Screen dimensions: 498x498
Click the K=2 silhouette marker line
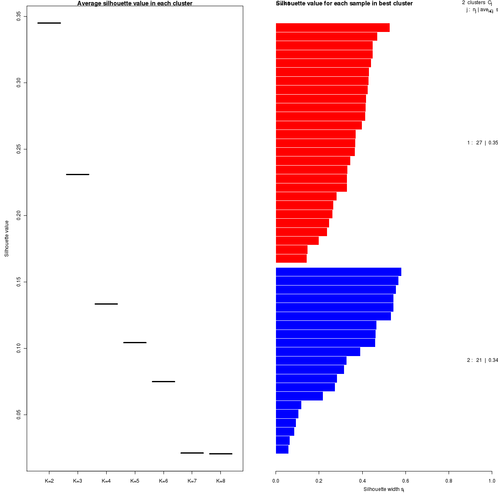pyautogui.click(x=49, y=23)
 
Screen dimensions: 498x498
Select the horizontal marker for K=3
pyautogui.click(x=78, y=174)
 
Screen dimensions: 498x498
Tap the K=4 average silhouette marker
pyautogui.click(x=106, y=304)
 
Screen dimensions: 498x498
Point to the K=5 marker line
pyautogui.click(x=135, y=342)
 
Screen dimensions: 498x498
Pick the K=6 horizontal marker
pyautogui.click(x=164, y=381)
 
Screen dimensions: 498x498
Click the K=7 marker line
pyautogui.click(x=192, y=453)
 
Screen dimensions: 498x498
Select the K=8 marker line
pyautogui.click(x=221, y=454)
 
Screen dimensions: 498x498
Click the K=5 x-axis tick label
pyautogui.click(x=135, y=481)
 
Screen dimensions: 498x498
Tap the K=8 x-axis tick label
pyautogui.click(x=221, y=481)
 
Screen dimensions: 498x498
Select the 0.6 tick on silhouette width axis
pyautogui.click(x=405, y=481)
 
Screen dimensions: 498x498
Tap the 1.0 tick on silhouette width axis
pyautogui.click(x=492, y=481)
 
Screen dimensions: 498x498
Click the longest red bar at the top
pyautogui.click(x=332, y=27)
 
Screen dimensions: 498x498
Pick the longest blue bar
pyautogui.click(x=338, y=272)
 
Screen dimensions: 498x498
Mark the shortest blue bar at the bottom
pyautogui.click(x=282, y=449)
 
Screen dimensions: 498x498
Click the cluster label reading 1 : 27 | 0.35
pyautogui.click(x=482, y=143)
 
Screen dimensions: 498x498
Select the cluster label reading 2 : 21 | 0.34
pyautogui.click(x=482, y=360)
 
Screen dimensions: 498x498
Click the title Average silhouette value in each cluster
pyautogui.click(x=135, y=4)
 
